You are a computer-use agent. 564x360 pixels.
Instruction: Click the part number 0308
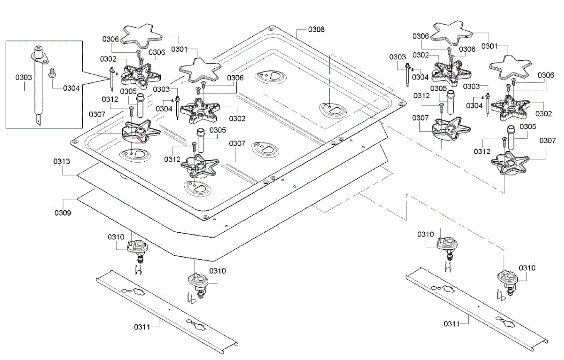(316, 29)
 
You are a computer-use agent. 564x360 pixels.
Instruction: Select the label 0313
(62, 162)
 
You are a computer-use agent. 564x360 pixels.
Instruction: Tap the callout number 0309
(63, 213)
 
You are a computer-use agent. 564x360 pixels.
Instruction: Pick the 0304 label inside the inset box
(71, 87)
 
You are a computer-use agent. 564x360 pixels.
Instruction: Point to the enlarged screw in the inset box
(53, 73)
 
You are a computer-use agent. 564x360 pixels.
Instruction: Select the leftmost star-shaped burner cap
(142, 36)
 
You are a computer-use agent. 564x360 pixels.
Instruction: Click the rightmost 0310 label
(527, 268)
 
